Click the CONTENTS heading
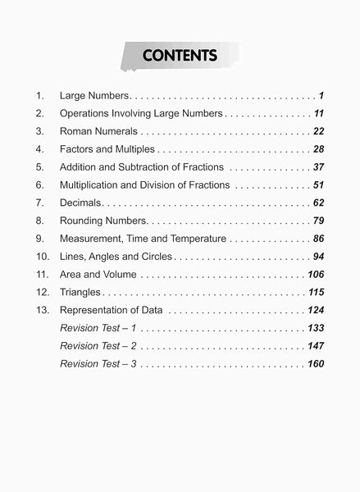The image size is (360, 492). [180, 56]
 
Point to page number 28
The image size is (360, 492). [318, 149]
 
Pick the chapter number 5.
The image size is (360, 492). [39, 167]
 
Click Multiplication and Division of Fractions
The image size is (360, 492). [145, 185]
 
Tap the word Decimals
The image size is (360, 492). [80, 203]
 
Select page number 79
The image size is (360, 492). [318, 221]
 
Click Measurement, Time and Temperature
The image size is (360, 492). [144, 239]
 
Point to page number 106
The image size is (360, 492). [316, 274]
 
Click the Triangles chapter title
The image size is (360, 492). [80, 292]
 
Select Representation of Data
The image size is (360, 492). [112, 310]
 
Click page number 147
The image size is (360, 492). [316, 345]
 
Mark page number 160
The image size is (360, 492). [316, 363]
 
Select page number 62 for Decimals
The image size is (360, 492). [318, 203]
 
